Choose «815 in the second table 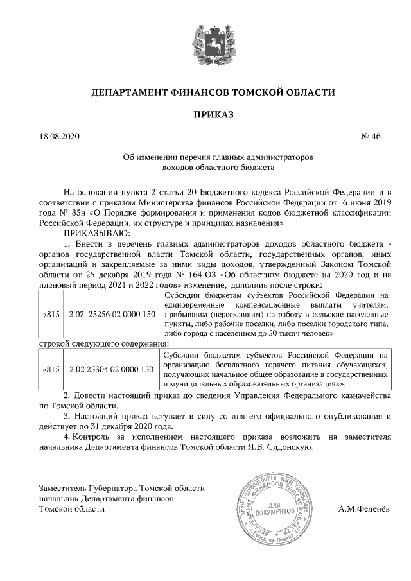(x=51, y=369)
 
